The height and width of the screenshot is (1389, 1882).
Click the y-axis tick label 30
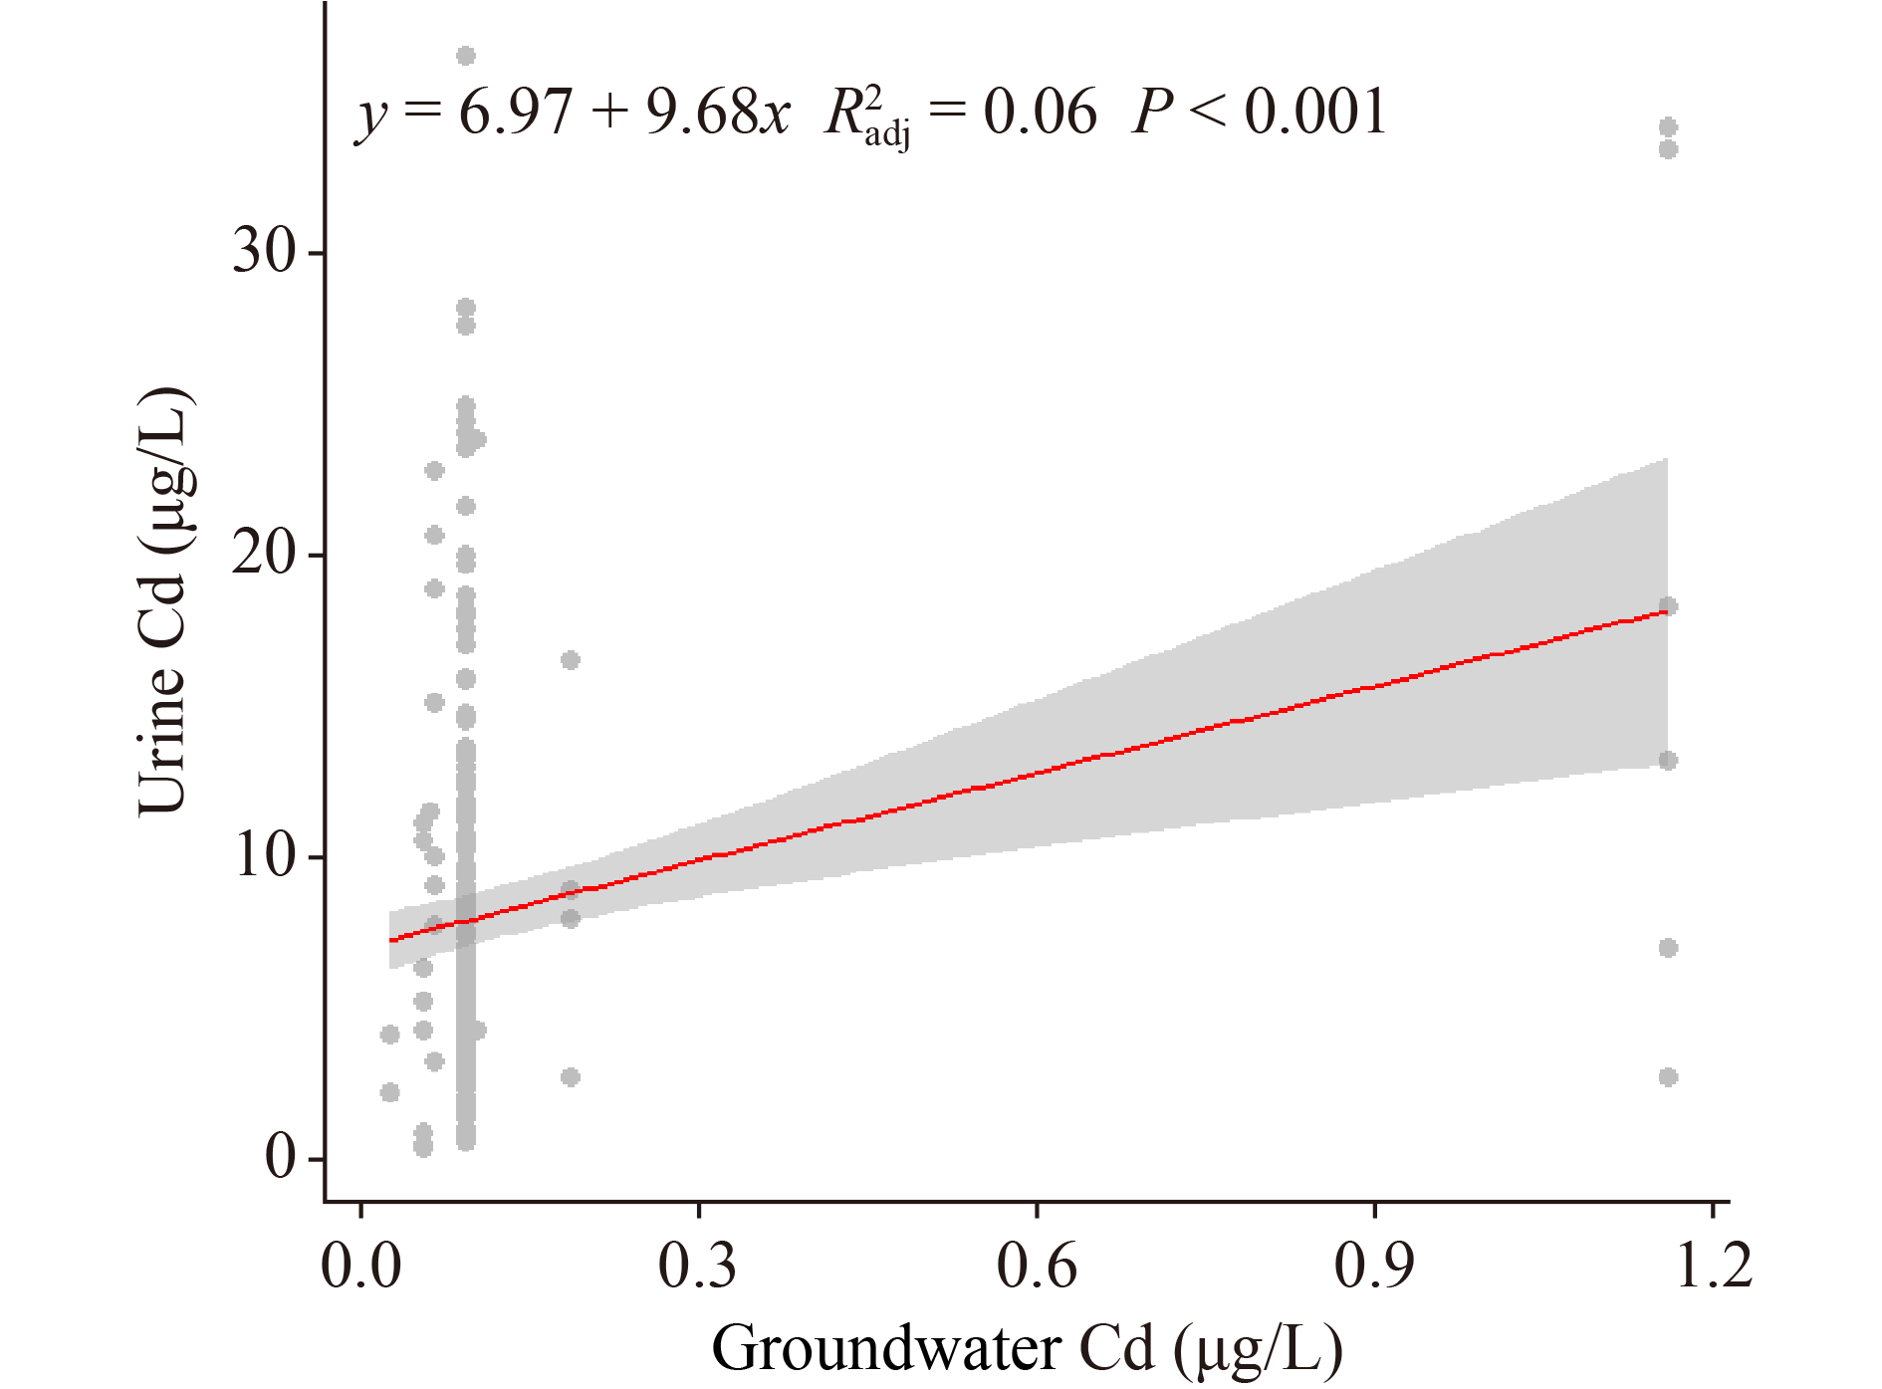pos(264,251)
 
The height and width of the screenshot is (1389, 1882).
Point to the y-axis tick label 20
pos(264,554)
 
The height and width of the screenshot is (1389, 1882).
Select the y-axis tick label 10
pos(264,856)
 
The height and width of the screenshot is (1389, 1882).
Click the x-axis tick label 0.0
pos(360,1268)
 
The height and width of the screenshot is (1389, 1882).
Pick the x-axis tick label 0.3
pos(698,1268)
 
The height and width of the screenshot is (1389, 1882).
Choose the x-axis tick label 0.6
pos(1037,1268)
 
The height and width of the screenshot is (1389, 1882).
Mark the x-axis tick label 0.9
pos(1374,1268)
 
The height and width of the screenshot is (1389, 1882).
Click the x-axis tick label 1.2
pos(1713,1268)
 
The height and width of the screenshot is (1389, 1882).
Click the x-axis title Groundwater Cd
pos(1027,1350)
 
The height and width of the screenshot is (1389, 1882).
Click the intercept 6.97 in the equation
pos(515,112)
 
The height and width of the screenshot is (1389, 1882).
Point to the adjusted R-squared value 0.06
pos(1040,112)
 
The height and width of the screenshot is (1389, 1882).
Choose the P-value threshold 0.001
pos(1315,112)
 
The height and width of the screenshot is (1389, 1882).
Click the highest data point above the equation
pos(466,56)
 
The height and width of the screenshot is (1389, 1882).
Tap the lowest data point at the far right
pos(1668,1076)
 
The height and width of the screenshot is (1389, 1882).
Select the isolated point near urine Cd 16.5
pos(570,659)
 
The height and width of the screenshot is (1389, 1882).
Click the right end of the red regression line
pos(1666,610)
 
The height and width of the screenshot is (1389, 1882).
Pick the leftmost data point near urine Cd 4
pos(389,1035)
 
